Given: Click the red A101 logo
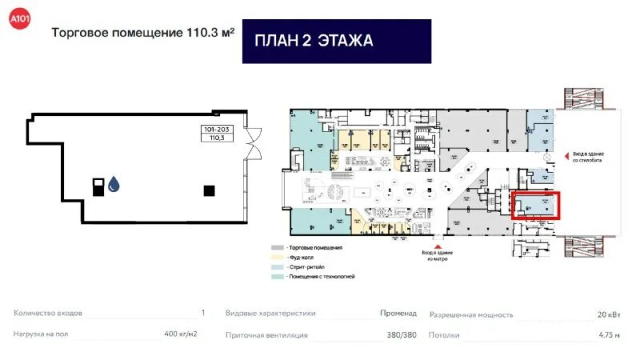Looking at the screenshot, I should pyautogui.click(x=18, y=18).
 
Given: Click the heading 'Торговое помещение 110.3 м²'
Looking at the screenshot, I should pyautogui.click(x=142, y=34).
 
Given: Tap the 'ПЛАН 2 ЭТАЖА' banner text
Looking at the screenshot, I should pyautogui.click(x=314, y=41).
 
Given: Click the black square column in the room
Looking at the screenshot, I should pyautogui.click(x=209, y=190).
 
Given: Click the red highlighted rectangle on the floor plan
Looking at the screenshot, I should pyautogui.click(x=535, y=206).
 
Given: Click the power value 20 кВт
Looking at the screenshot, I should pyautogui.click(x=608, y=314).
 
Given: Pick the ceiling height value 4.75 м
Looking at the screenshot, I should pyautogui.click(x=609, y=335).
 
